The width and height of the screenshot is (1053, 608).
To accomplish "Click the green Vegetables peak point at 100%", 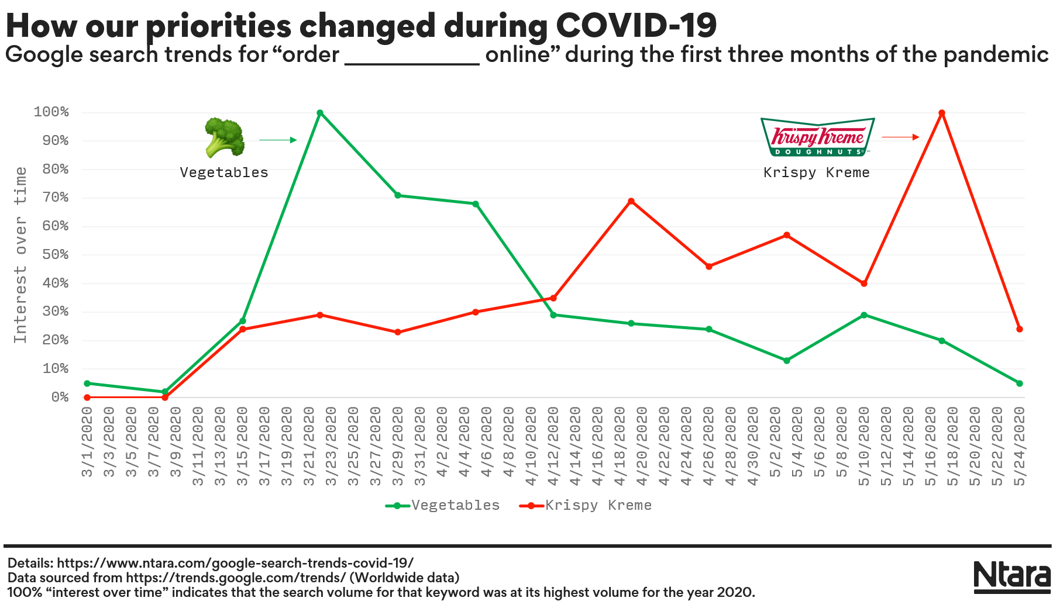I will (320, 113).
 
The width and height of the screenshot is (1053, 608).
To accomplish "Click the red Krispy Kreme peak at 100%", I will (942, 113).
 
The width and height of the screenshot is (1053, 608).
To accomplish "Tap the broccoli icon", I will (224, 138).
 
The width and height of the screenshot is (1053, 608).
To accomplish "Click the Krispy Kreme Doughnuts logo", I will (817, 137).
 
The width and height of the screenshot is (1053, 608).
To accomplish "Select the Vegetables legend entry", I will (443, 505).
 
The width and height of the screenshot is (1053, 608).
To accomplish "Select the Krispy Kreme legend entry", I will (586, 505).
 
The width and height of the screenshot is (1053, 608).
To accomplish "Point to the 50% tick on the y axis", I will (56, 255).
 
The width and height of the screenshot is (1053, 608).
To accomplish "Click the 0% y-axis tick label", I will (60, 398).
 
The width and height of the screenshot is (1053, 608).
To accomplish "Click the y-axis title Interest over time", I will (21, 255).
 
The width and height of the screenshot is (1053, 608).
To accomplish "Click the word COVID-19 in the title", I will (636, 25).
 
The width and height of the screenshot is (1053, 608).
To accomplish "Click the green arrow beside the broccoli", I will (278, 140).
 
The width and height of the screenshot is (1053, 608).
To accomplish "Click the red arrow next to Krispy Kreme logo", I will (900, 137).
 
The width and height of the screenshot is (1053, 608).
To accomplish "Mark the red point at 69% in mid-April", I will (631, 201).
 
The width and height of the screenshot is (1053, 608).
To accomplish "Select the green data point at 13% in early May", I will (787, 361).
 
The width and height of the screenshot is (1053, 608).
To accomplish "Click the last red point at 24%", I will (1020, 329).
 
